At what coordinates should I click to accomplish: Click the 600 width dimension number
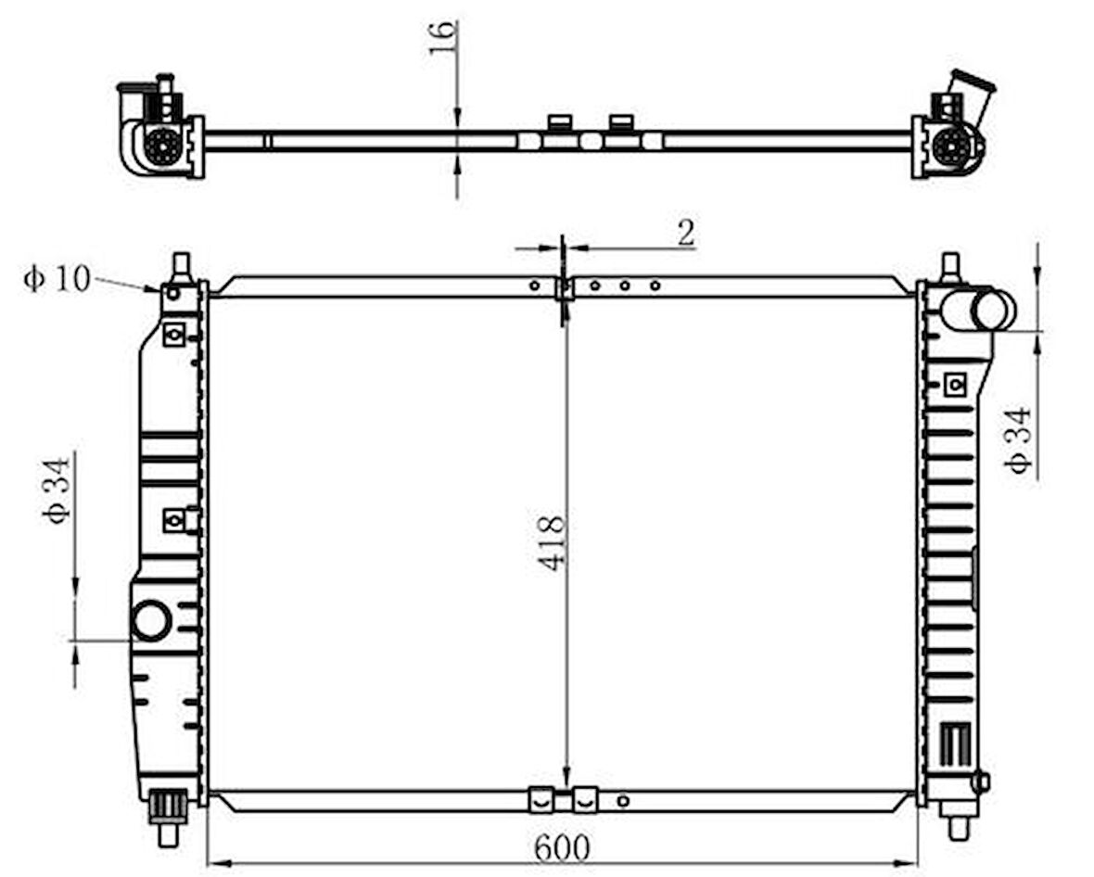562,846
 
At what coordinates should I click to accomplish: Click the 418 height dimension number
552,542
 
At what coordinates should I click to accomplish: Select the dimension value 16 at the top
444,36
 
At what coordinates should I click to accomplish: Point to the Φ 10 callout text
57,278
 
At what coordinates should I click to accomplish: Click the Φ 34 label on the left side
57,490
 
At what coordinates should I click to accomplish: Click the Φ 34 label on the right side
1020,440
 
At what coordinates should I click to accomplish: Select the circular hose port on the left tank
151,620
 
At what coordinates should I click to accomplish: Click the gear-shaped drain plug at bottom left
168,805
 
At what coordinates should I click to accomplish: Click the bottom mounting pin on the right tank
958,825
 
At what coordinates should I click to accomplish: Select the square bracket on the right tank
954,383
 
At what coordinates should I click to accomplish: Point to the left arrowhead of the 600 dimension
213,864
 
